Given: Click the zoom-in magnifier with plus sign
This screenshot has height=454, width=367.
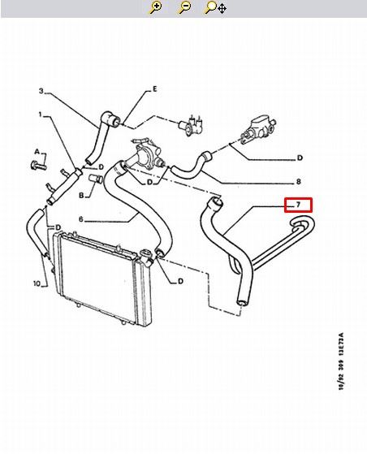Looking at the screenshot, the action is pyautogui.click(x=155, y=7).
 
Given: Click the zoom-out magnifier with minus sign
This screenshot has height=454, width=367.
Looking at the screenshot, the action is pyautogui.click(x=184, y=7).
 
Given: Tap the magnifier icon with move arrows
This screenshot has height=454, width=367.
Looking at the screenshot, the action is pyautogui.click(x=215, y=7).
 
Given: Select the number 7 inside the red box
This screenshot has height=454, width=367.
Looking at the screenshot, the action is pyautogui.click(x=298, y=205).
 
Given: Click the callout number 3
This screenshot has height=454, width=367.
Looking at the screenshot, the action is pyautogui.click(x=41, y=91).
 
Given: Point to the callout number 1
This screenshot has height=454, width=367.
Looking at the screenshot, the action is pyautogui.click(x=41, y=115).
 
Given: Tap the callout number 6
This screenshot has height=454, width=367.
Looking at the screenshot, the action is pyautogui.click(x=81, y=219).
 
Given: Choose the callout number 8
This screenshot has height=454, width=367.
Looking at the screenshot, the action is pyautogui.click(x=299, y=182).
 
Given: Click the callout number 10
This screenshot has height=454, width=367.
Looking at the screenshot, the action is pyautogui.click(x=37, y=283).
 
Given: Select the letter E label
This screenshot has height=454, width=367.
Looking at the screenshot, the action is pyautogui.click(x=155, y=89).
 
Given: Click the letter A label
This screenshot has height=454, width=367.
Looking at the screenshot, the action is pyautogui.click(x=37, y=152).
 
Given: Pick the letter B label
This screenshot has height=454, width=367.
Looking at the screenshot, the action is pyautogui.click(x=81, y=196).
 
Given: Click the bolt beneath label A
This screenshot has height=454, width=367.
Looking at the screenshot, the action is pyautogui.click(x=38, y=166).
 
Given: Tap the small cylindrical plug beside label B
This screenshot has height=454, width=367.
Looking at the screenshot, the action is pyautogui.click(x=97, y=179).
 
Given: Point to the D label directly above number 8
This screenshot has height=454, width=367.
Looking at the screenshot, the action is pyautogui.click(x=300, y=158).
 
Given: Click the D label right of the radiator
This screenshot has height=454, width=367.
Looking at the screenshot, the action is pyautogui.click(x=180, y=281).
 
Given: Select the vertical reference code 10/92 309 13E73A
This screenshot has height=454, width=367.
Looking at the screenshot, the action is pyautogui.click(x=341, y=361).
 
